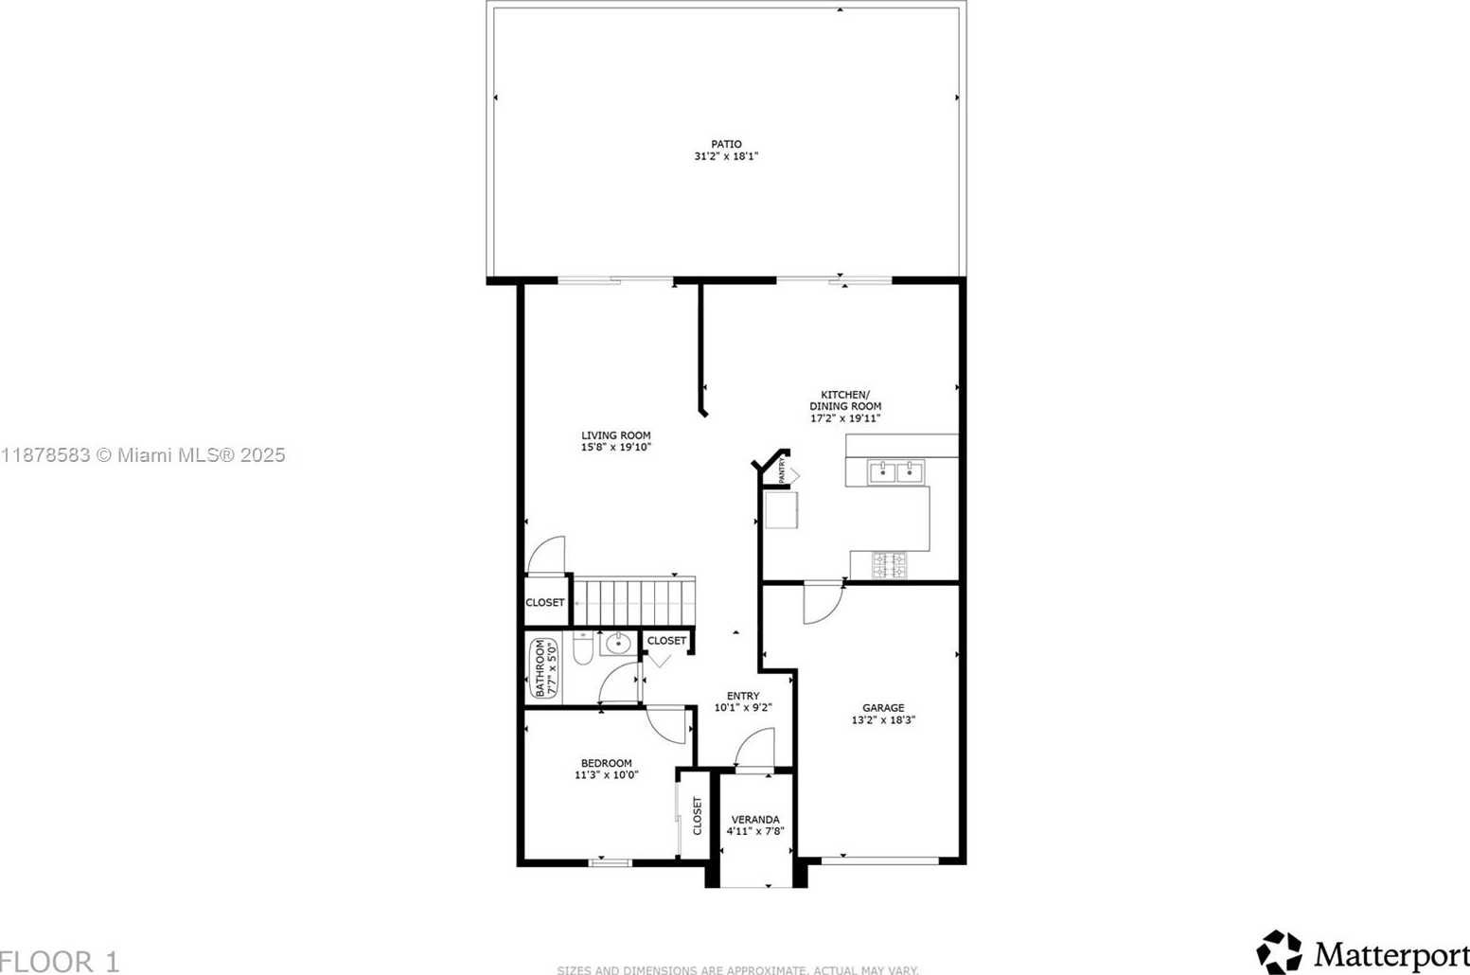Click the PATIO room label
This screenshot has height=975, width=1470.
[x=726, y=144]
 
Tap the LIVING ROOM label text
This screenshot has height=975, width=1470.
[x=615, y=435]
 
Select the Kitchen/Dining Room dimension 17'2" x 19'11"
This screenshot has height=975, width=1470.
[x=845, y=418]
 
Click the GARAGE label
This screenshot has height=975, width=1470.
[x=882, y=707]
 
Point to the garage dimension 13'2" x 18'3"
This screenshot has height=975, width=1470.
[x=882, y=720]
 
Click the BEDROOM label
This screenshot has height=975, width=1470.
[x=606, y=763]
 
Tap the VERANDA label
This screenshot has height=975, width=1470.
[x=755, y=820]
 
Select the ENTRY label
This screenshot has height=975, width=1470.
[x=742, y=696]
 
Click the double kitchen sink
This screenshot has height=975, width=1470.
[x=895, y=471]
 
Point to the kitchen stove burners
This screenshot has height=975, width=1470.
[x=889, y=565]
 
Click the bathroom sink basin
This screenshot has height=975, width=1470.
[x=618, y=644]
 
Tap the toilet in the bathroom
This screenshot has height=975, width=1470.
[x=583, y=648]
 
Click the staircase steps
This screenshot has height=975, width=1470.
[x=634, y=602]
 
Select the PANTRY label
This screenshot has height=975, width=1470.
[x=783, y=470]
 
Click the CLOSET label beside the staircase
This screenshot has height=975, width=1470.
[x=545, y=602]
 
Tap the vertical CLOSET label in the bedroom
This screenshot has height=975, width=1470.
[x=698, y=815]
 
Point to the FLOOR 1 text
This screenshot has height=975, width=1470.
[x=61, y=962]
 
